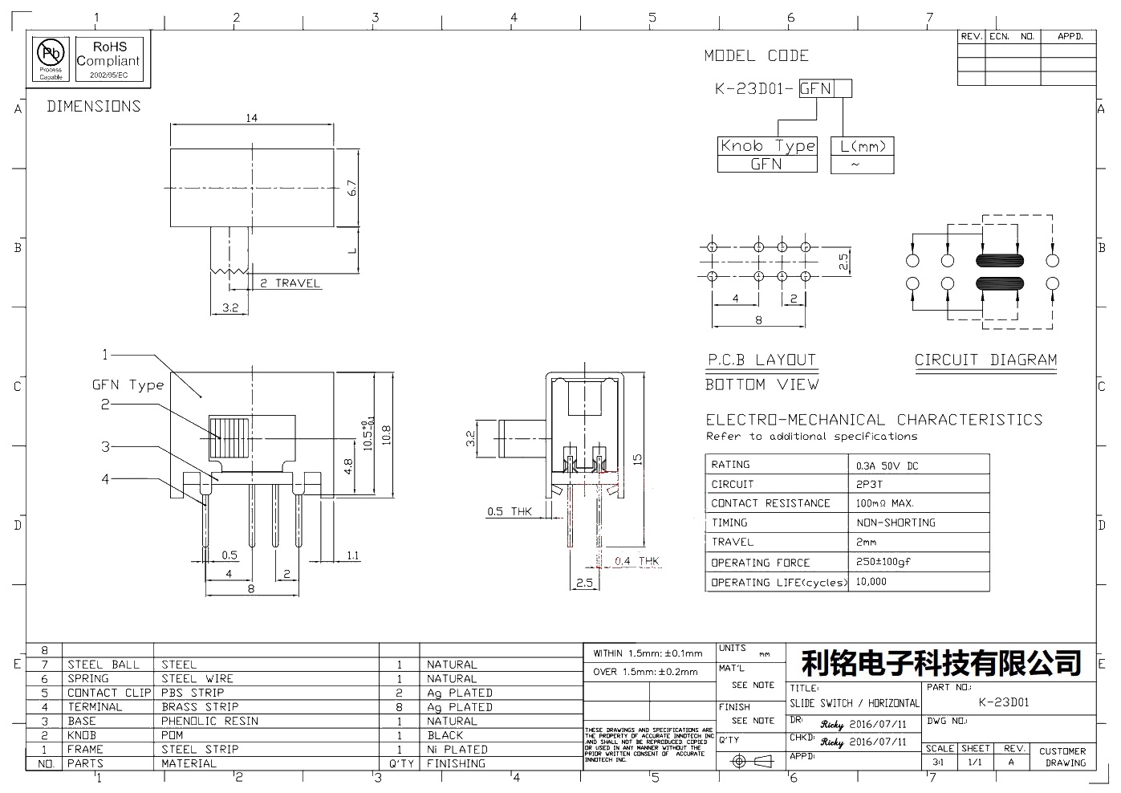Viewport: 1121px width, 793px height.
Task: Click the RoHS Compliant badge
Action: pyautogui.click(x=108, y=60)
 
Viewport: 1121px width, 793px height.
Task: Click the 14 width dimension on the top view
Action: pyautogui.click(x=252, y=118)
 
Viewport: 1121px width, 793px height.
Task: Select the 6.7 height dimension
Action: pyautogui.click(x=351, y=189)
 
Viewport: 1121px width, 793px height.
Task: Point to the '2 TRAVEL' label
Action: pyautogui.click(x=289, y=283)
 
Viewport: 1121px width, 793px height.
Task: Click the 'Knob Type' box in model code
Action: pyautogui.click(x=767, y=146)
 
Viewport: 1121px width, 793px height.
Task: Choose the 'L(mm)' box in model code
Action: pyautogui.click(x=862, y=146)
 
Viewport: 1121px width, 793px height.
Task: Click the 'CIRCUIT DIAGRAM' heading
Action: pyautogui.click(x=985, y=360)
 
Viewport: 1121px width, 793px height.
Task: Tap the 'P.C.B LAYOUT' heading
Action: pyautogui.click(x=762, y=360)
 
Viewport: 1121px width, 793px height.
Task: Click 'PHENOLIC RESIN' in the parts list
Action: pyautogui.click(x=209, y=721)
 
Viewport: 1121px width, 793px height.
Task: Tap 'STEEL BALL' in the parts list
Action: pyautogui.click(x=103, y=665)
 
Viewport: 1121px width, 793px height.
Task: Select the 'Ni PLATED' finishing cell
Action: pyautogui.click(x=457, y=749)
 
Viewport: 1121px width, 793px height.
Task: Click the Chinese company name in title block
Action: pyautogui.click(x=941, y=663)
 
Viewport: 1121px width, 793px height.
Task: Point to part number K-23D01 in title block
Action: pyautogui.click(x=1004, y=702)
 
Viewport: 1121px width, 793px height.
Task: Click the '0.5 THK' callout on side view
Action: pyautogui.click(x=510, y=511)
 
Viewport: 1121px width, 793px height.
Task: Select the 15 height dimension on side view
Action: pyautogui.click(x=638, y=458)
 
